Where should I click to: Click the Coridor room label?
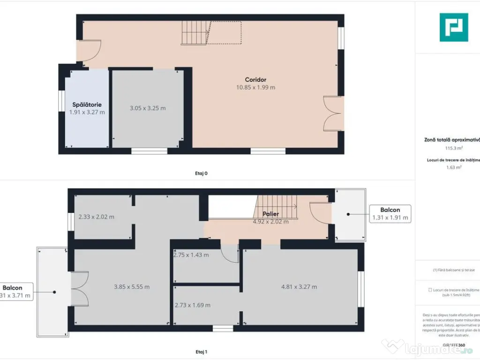coord(255,80)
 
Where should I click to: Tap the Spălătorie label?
coord(87,105)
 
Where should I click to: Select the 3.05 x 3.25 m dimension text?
coord(148,108)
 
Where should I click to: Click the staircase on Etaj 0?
coord(194,33)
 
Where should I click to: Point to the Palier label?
coord(271,214)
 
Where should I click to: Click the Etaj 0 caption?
coord(201,173)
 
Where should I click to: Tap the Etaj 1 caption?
coord(201,352)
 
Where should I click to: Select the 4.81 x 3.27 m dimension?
coord(299,287)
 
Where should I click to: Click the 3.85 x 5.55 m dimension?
coord(132,287)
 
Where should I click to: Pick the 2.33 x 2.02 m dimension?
coord(97,217)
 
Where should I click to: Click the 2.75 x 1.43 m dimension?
coord(191,255)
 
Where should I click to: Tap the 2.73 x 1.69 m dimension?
coord(193,305)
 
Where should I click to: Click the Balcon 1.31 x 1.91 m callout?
coord(390,214)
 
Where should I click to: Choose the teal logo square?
coord(453,27)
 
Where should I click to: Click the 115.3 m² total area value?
coord(454,148)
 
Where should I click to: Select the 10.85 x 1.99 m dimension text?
coord(255,87)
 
